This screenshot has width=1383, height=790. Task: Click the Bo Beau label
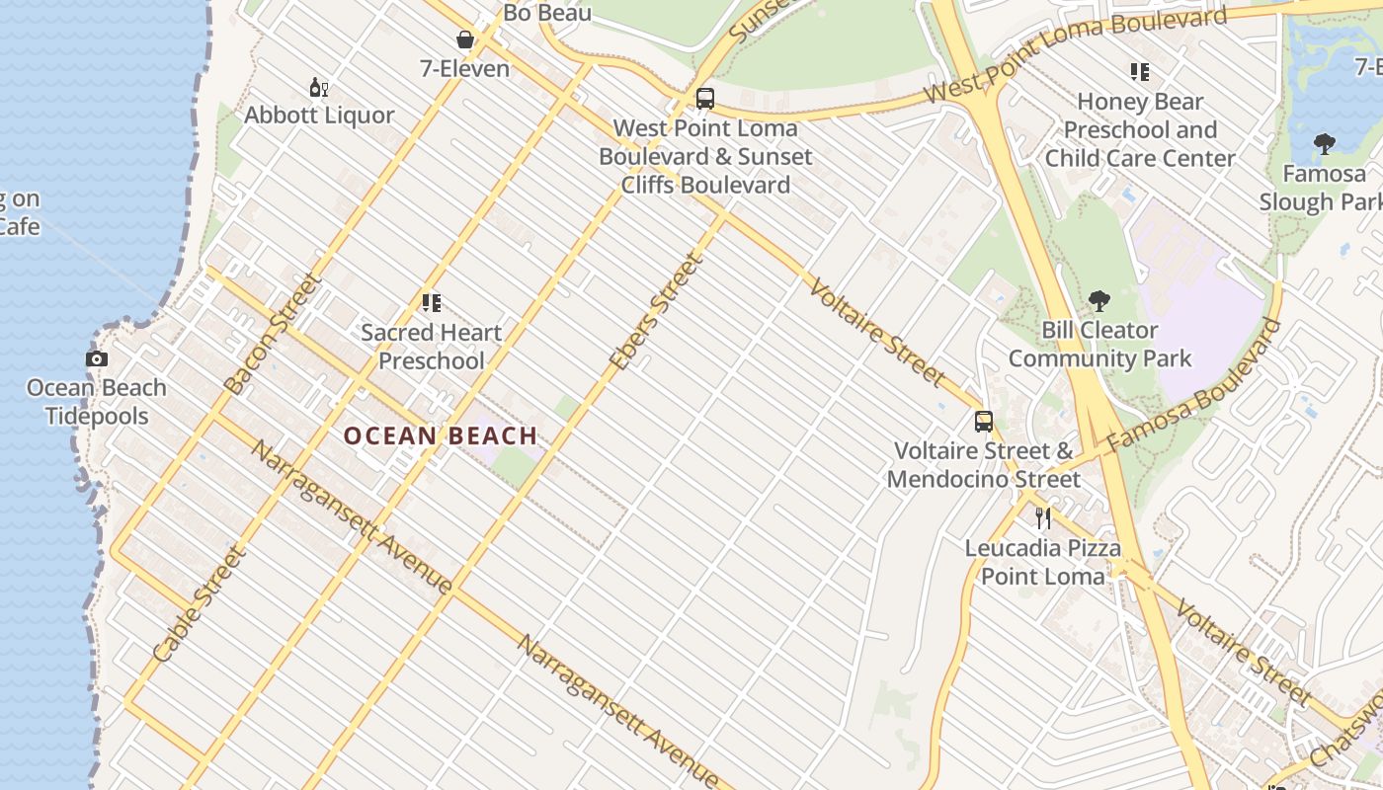[547, 13]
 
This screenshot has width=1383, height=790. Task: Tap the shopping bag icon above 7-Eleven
[464, 39]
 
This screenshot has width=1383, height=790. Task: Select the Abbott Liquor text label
[319, 116]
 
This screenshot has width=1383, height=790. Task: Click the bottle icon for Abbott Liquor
[318, 88]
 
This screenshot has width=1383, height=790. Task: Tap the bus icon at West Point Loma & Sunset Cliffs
[704, 99]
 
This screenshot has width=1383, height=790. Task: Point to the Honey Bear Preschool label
[1140, 129]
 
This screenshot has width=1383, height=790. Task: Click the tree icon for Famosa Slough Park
[1325, 145]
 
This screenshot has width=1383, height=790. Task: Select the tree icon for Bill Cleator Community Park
[1098, 301]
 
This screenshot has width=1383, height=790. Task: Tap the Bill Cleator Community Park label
[1099, 344]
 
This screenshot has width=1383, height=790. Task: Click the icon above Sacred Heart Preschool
[431, 303]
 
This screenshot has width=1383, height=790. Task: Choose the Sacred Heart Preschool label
[432, 347]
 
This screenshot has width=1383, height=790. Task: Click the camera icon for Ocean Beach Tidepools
[97, 359]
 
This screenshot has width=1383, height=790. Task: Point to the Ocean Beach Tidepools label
[97, 401]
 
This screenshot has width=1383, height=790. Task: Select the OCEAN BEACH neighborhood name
[441, 435]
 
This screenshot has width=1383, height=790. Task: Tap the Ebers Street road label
[656, 312]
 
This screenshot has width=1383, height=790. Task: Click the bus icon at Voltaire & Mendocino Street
[983, 422]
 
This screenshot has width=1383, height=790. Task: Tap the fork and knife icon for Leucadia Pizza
[1042, 517]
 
